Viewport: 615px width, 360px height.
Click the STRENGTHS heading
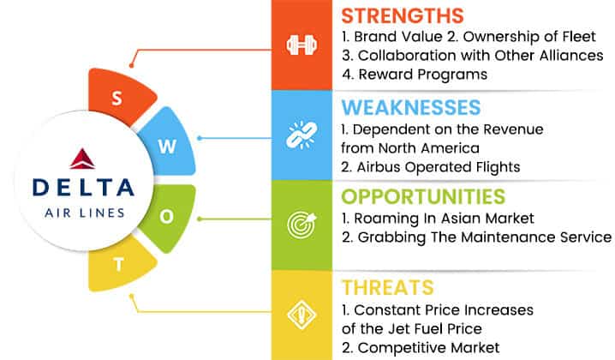pos(403,16)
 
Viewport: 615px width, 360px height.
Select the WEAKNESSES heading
pos(410,107)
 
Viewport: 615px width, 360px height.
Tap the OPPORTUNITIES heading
pos(423,196)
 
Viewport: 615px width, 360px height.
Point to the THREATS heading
pos(387,287)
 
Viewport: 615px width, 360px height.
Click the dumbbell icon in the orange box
pos(302,45)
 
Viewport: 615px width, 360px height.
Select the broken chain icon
pos(302,135)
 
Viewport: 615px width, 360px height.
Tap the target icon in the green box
pos(302,225)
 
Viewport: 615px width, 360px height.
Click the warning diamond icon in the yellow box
pos(302,315)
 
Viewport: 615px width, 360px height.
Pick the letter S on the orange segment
pos(116,99)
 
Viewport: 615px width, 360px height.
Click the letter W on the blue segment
pos(167,147)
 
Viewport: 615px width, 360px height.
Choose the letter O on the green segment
pos(167,216)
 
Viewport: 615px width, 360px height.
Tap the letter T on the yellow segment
pos(119,265)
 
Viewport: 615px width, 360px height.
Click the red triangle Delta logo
pos(82,159)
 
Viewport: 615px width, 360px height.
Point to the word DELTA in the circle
pos(84,187)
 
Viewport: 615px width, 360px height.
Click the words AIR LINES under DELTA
pos(85,213)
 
